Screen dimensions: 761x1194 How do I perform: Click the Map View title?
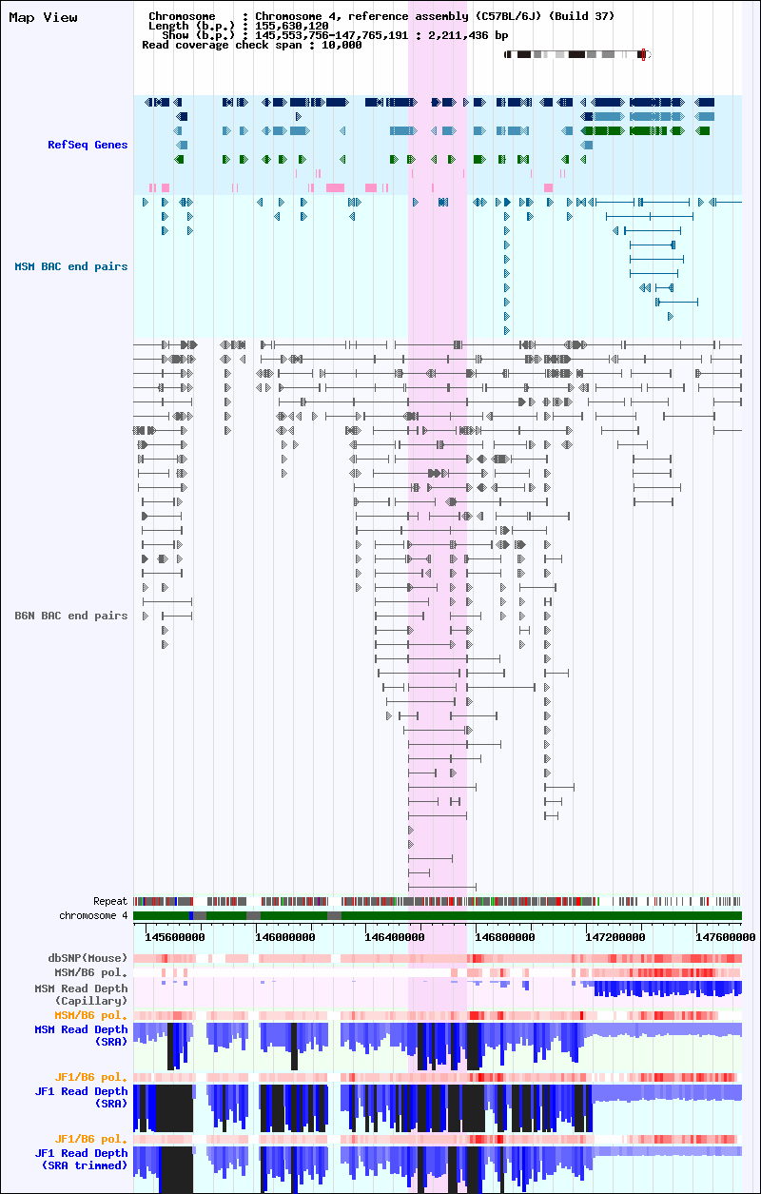(x=43, y=17)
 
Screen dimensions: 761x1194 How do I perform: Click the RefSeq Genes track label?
(x=88, y=145)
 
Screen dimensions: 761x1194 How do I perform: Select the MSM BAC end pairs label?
(x=71, y=266)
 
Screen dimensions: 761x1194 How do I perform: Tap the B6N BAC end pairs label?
(x=71, y=616)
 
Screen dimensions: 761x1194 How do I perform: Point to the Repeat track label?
(x=110, y=901)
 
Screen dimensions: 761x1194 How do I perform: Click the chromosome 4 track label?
(x=93, y=915)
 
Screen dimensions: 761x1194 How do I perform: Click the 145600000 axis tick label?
(x=175, y=937)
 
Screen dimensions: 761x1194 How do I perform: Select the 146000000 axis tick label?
(x=285, y=937)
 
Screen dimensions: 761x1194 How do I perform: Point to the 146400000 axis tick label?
(x=395, y=937)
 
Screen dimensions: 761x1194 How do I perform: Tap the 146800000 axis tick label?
(x=505, y=937)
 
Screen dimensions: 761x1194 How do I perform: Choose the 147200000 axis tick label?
(x=615, y=937)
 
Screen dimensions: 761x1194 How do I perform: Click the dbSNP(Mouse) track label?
(x=88, y=958)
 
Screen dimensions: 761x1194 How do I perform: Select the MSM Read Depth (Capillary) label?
(x=81, y=994)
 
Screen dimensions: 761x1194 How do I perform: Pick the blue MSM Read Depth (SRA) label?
(x=81, y=1035)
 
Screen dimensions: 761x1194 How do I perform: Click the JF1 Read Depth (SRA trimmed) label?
(x=81, y=1159)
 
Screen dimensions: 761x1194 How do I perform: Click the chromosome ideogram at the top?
(x=577, y=54)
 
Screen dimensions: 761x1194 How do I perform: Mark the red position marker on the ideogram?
(x=643, y=54)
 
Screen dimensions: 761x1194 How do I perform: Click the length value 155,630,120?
(x=292, y=26)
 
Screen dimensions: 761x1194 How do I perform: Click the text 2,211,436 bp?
(x=468, y=35)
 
